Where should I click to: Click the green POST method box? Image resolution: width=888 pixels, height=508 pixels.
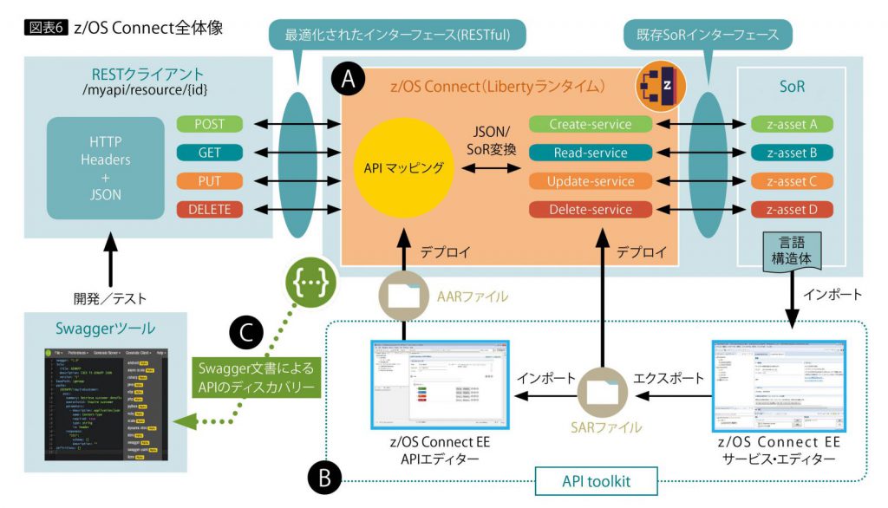coord(209,124)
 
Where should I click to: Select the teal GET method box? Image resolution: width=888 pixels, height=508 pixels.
coord(209,153)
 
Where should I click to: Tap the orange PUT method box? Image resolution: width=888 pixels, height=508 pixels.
coord(209,181)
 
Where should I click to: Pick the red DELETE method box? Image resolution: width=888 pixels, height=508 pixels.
coord(209,210)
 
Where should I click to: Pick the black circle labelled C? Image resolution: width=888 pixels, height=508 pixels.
coord(245,332)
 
